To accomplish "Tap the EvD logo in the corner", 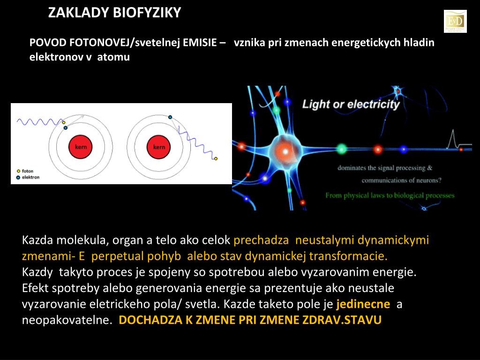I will click(x=455, y=21).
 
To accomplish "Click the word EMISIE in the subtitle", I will click(x=200, y=43).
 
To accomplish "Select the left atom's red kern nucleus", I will click(x=81, y=147).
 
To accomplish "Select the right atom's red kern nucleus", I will click(x=159, y=147).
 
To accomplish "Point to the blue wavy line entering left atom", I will click(x=37, y=122).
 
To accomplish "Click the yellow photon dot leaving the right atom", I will click(x=216, y=159).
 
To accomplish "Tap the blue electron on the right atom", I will click(x=170, y=117).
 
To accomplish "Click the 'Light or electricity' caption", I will click(x=351, y=104).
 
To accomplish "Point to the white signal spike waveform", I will click(x=453, y=139).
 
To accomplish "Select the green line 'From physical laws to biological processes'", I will click(x=390, y=195).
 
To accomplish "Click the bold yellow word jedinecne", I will click(x=363, y=304).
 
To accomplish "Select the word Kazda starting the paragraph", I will click(x=37, y=240).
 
